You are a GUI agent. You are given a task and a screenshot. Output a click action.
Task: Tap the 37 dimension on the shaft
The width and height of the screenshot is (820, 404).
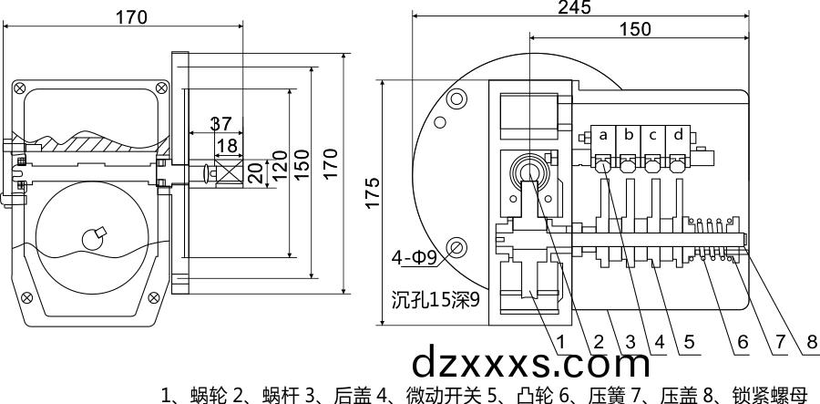pos(220,124)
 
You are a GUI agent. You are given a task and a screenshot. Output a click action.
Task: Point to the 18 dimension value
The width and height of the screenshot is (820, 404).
pos(226,146)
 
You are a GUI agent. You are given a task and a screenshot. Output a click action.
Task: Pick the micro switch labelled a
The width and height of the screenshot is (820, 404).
pos(603,135)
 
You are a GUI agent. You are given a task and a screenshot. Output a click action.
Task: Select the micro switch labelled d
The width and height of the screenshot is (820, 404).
pos(678,135)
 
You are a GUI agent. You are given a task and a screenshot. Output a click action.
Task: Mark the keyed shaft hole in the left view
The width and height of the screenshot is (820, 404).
pos(93,238)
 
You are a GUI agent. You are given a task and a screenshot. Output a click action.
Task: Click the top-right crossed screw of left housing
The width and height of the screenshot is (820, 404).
pos(161,88)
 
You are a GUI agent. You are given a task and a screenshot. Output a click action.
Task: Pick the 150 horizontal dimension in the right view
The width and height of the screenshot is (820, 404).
pos(634,28)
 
